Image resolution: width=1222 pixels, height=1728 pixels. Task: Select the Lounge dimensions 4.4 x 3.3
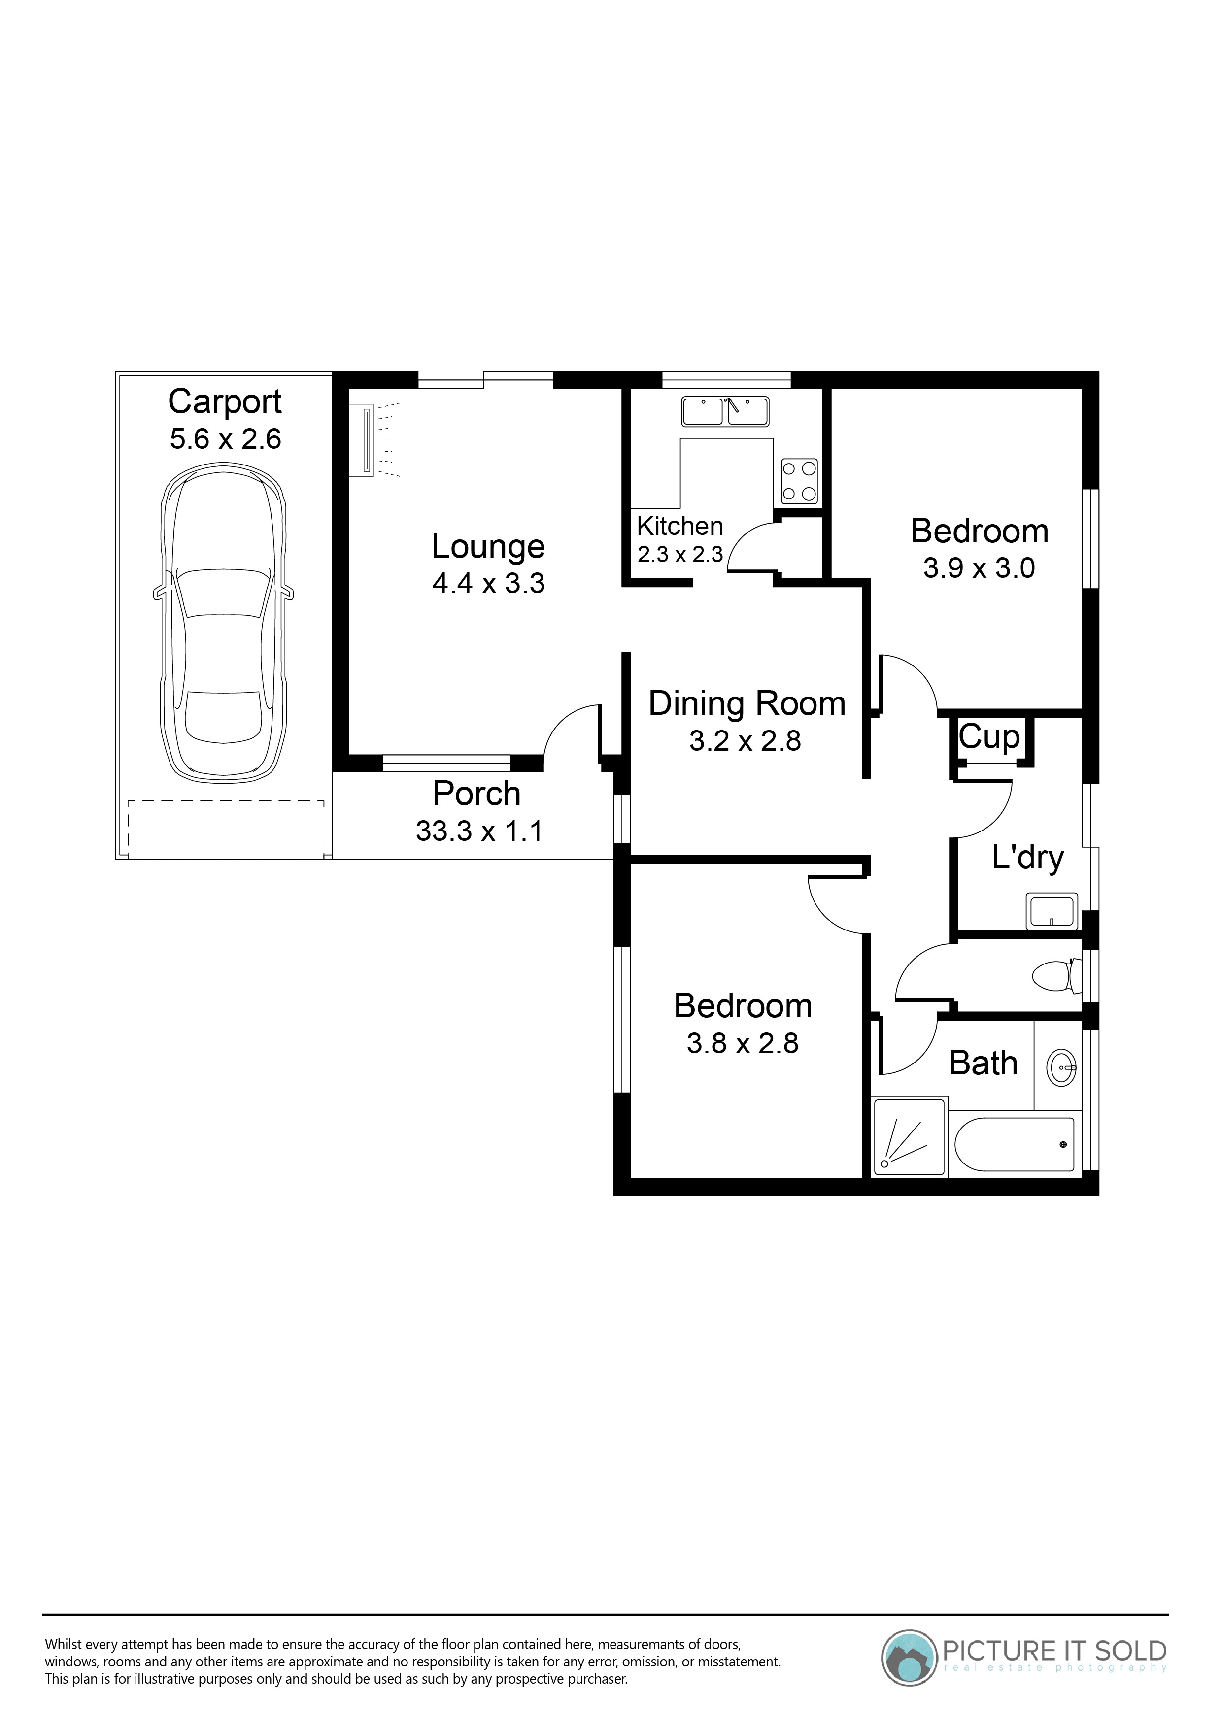(489, 583)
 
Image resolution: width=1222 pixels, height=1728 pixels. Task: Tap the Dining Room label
(747, 704)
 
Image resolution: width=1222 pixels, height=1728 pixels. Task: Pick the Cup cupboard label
(989, 737)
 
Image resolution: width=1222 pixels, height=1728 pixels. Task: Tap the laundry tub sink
(1052, 910)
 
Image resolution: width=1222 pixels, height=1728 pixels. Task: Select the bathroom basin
(1062, 1065)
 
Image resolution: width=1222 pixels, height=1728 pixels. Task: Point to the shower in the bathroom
(910, 1137)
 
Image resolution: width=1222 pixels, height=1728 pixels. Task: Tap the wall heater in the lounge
(367, 440)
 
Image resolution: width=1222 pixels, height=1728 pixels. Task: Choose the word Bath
(984, 1063)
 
